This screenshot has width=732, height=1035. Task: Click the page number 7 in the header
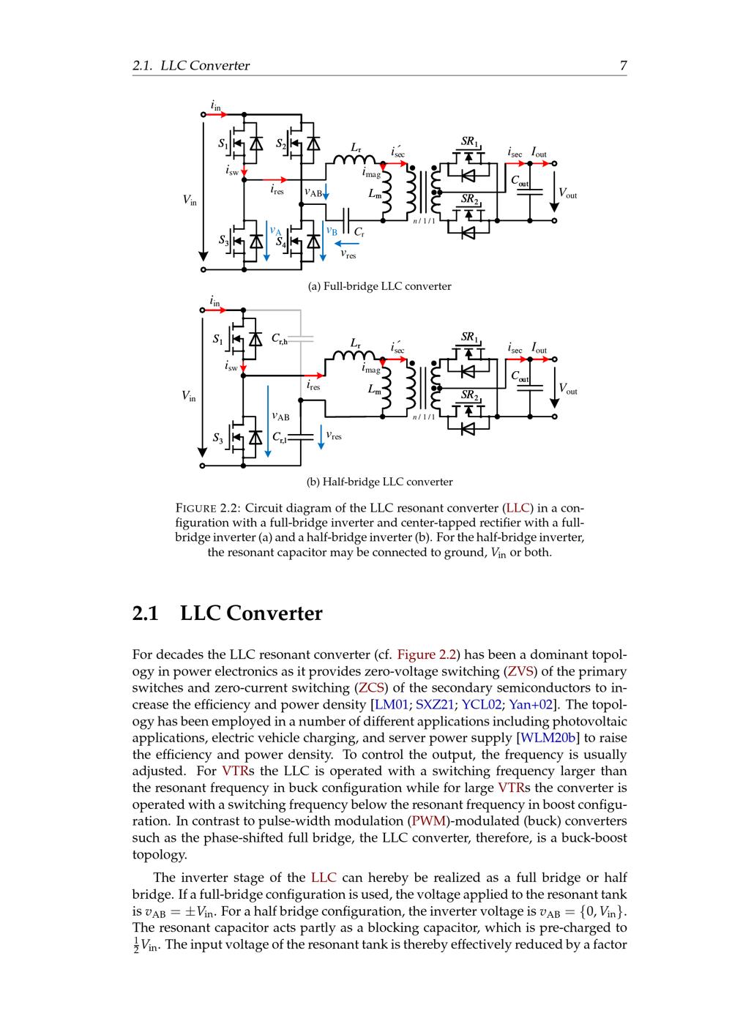(x=623, y=66)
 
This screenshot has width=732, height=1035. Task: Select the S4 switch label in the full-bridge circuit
(x=282, y=241)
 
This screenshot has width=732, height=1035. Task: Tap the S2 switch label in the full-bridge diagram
(x=282, y=143)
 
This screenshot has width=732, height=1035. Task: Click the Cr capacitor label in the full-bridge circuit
(x=359, y=232)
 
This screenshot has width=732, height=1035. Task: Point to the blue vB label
(x=332, y=231)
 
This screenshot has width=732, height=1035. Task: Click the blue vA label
(x=275, y=231)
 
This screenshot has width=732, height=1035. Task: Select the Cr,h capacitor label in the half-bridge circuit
(x=280, y=338)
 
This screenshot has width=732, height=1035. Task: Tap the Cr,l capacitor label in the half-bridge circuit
(x=279, y=437)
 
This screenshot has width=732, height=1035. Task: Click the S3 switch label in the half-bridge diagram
(x=218, y=438)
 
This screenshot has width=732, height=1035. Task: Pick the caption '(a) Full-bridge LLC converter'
(x=379, y=286)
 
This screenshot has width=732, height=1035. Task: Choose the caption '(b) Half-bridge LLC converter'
(x=379, y=482)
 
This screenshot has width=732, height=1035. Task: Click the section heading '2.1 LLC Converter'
(x=227, y=613)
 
